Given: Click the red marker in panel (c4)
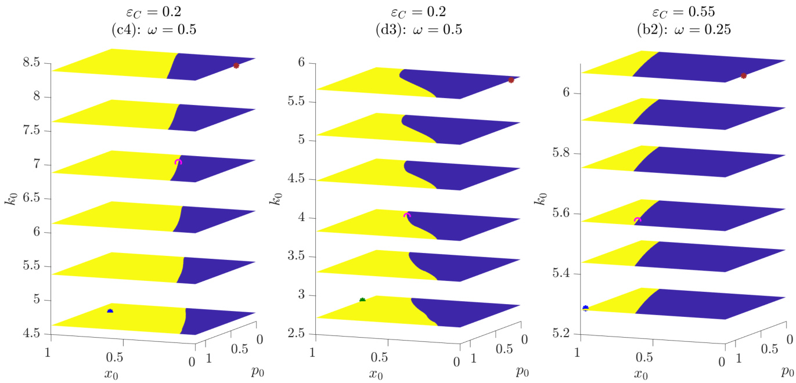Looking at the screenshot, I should [x=236, y=66].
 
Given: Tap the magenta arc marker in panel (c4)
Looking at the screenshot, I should [x=178, y=162].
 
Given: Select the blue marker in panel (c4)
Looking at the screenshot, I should [x=110, y=312].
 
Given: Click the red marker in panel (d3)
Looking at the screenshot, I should [x=511, y=80].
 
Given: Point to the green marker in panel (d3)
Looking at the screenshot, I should [x=362, y=300].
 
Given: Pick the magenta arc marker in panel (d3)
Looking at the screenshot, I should [x=406, y=215].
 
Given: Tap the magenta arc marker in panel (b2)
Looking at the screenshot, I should [x=637, y=220].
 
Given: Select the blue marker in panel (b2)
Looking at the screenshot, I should [x=585, y=308].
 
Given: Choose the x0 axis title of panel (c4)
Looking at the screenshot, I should [x=110, y=373].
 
